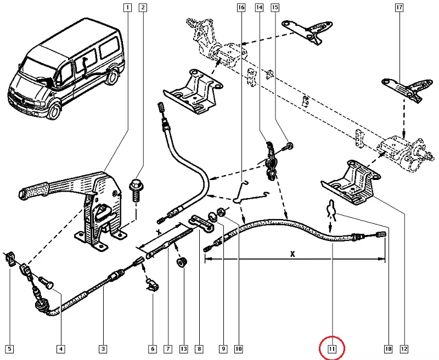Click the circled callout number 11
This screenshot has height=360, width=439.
[x=332, y=348]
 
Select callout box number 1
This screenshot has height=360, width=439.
[x=127, y=8]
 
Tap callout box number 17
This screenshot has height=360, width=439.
[x=399, y=8]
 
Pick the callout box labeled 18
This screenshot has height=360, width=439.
[x=387, y=348]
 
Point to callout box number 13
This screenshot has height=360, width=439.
[x=183, y=348]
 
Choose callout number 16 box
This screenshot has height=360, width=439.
[x=241, y=8]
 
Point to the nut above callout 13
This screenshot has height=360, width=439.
[x=181, y=263]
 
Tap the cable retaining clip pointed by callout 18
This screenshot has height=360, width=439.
[x=331, y=210]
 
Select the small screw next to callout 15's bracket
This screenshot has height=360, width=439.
[x=289, y=146]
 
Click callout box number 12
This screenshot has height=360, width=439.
[x=404, y=348]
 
